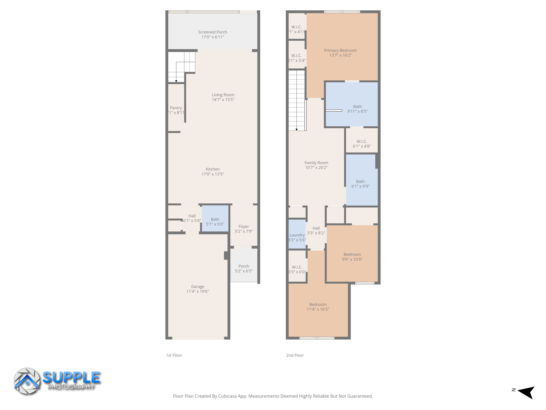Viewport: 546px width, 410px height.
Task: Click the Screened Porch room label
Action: (212, 32)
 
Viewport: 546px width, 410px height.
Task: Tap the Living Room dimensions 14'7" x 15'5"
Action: (223, 100)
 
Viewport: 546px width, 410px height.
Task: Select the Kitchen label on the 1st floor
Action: (212, 169)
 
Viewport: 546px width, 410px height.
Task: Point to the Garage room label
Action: (198, 286)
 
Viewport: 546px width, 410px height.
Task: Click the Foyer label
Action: (244, 226)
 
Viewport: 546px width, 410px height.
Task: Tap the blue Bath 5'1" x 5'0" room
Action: (215, 222)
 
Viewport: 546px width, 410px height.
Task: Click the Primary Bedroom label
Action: (340, 50)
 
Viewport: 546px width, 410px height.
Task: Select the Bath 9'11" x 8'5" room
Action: (357, 109)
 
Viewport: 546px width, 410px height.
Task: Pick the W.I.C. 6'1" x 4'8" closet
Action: (362, 144)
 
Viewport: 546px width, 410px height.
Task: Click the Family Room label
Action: (316, 163)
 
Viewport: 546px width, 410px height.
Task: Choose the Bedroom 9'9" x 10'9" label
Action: (352, 254)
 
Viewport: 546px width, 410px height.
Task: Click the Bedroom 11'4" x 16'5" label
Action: (318, 304)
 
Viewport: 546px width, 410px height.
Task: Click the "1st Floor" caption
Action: (174, 355)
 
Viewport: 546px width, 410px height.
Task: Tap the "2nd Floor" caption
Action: (295, 355)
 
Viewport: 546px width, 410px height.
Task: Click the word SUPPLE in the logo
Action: (71, 377)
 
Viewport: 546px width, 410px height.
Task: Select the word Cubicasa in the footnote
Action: (228, 396)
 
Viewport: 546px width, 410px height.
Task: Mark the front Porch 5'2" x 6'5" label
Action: (244, 266)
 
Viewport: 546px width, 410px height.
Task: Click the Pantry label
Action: (176, 108)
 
